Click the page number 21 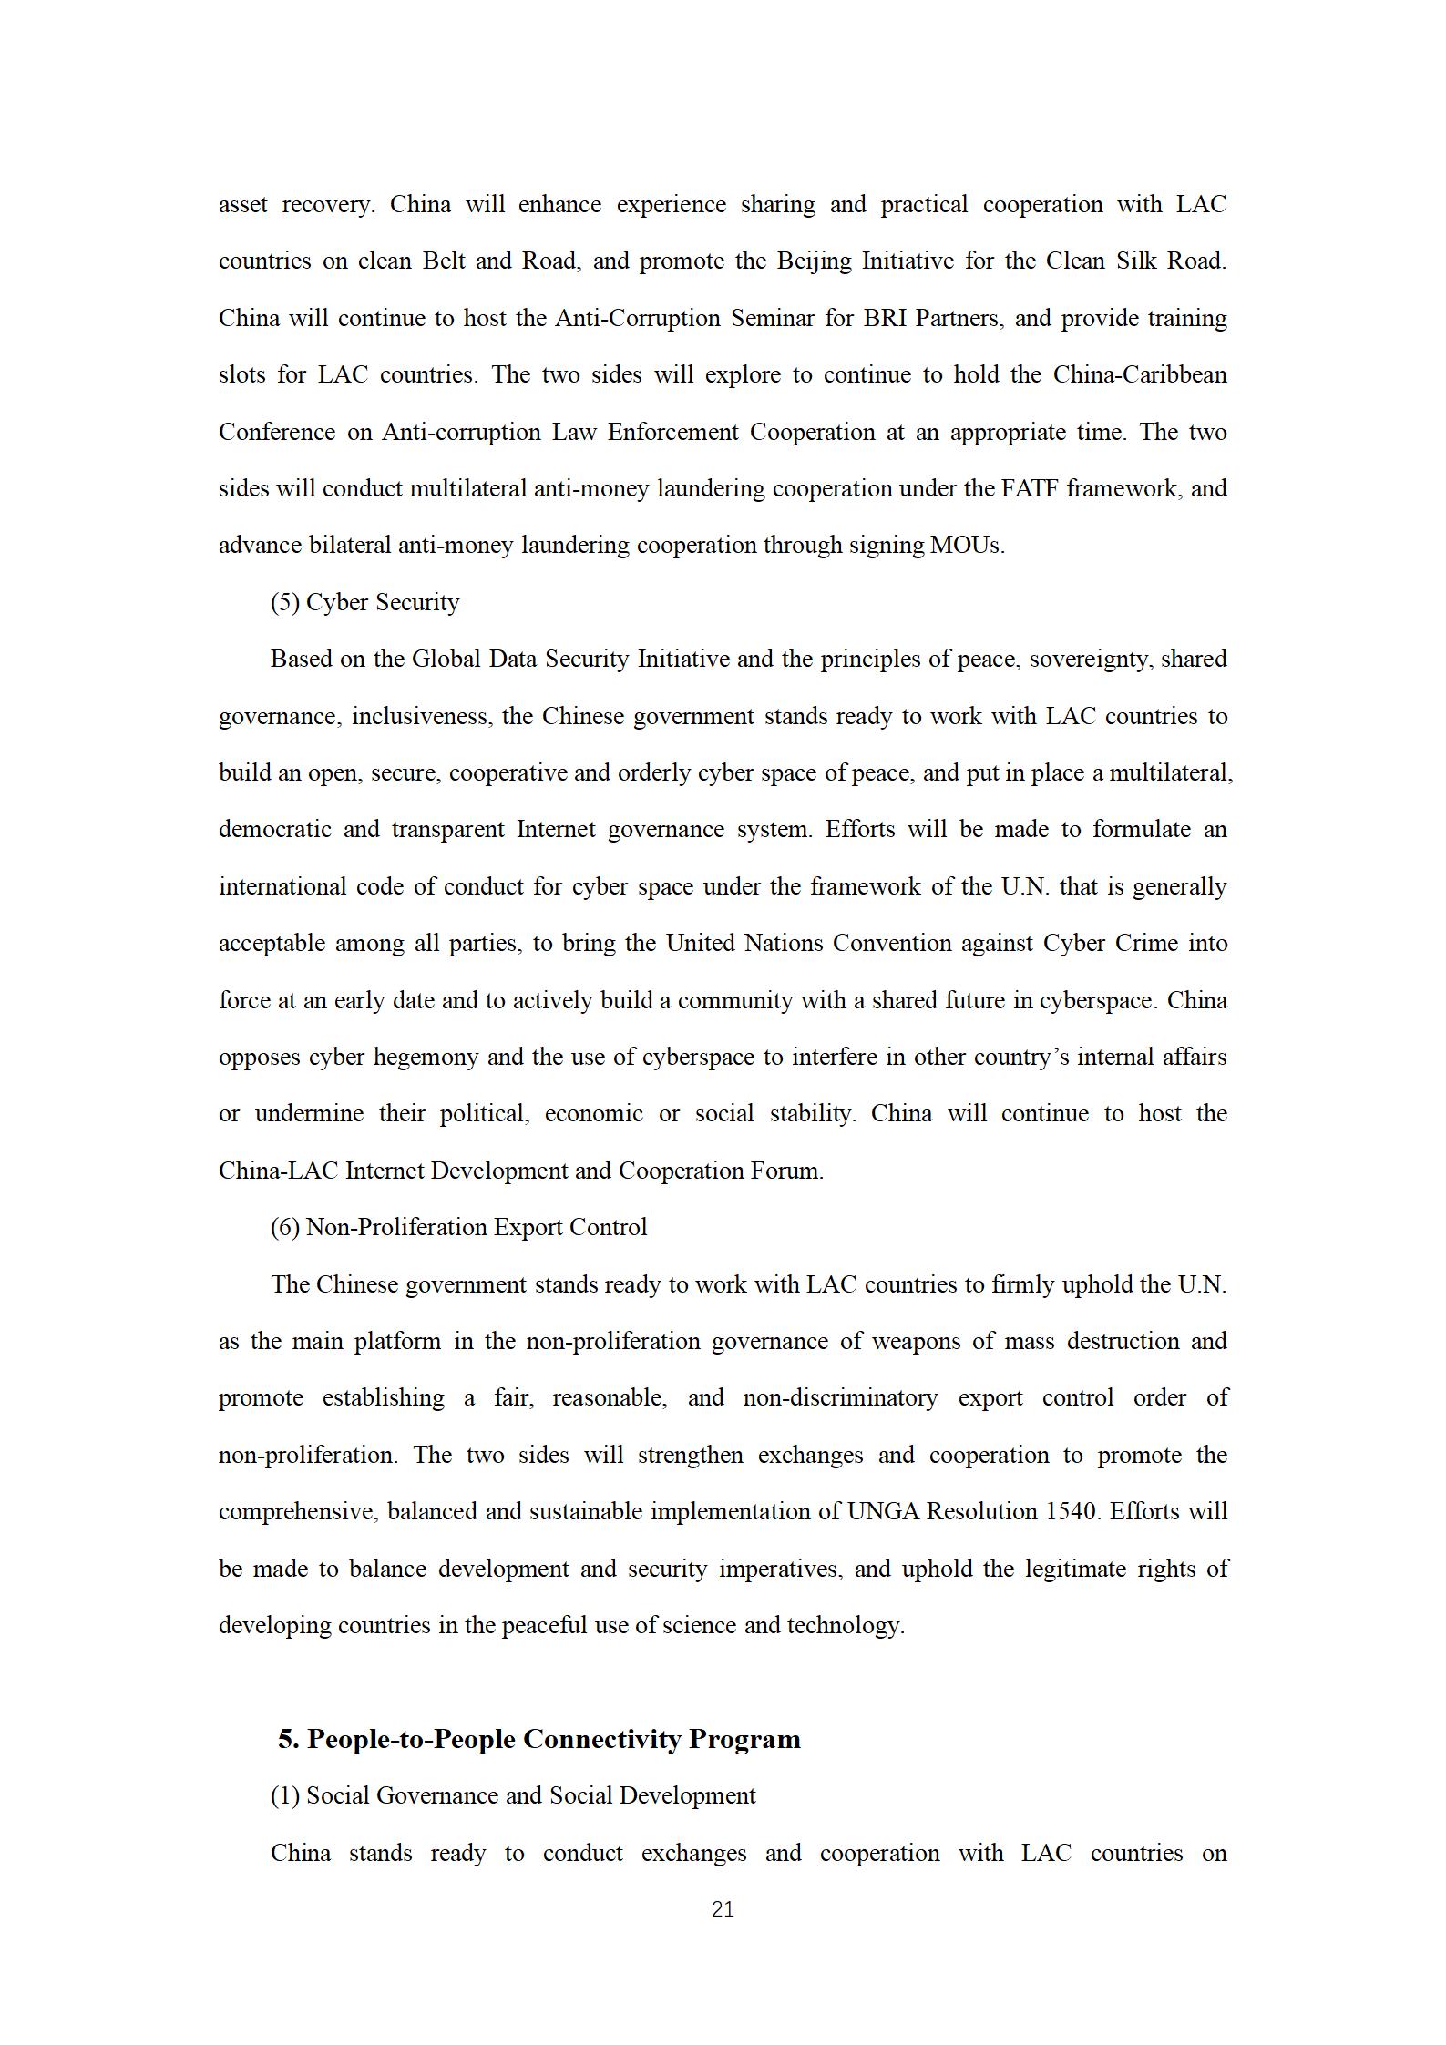[723, 1909]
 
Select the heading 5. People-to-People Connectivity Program [539, 1739]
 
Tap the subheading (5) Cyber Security [364, 602]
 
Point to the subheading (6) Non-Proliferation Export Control [458, 1227]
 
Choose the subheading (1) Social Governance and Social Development [513, 1795]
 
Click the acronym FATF [1029, 488]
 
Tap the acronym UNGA [883, 1511]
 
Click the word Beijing [815, 261]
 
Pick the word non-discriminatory [840, 1397]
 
